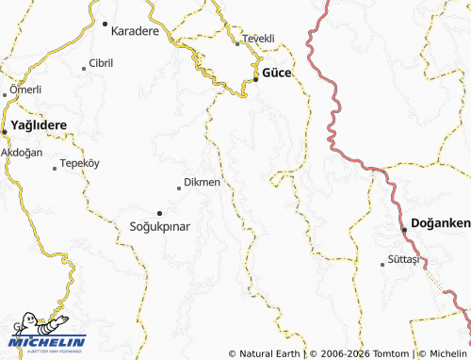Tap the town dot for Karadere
point(105,24)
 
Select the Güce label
point(276,73)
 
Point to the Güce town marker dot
point(256,79)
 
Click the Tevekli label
point(258,38)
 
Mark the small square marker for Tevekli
point(237,42)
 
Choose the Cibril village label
point(101,63)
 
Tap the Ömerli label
point(24,90)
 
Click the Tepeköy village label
point(79,163)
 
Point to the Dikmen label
point(203,182)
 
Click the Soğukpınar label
point(159,227)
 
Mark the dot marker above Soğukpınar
point(159,213)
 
